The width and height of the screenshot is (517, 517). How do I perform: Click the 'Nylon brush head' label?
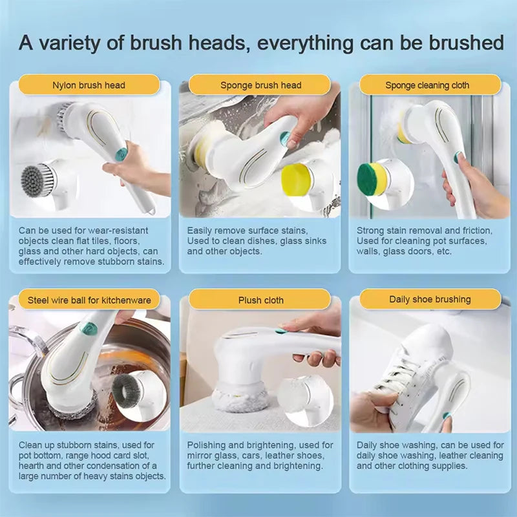point(89,85)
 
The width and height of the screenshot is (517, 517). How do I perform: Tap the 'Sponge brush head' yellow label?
point(260,85)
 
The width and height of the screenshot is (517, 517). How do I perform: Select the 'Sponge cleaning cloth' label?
point(427,85)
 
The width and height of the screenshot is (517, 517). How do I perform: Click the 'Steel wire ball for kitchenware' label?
point(89,300)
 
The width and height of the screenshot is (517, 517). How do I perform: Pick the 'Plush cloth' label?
point(260,300)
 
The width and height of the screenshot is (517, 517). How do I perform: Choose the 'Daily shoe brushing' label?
point(430,299)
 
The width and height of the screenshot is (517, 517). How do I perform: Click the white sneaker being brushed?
point(414,362)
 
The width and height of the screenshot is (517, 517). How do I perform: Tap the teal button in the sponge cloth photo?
point(458,157)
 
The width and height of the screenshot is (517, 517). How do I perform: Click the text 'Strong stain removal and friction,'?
point(424,230)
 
